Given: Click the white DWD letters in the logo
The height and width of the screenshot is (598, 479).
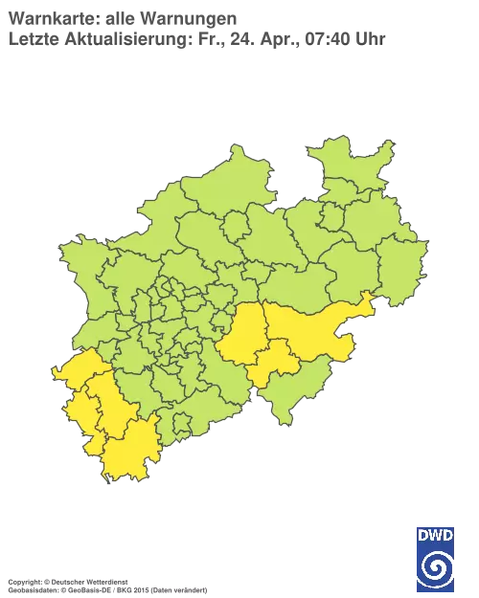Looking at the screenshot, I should [x=436, y=534].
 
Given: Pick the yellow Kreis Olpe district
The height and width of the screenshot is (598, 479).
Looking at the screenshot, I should [x=275, y=362].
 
